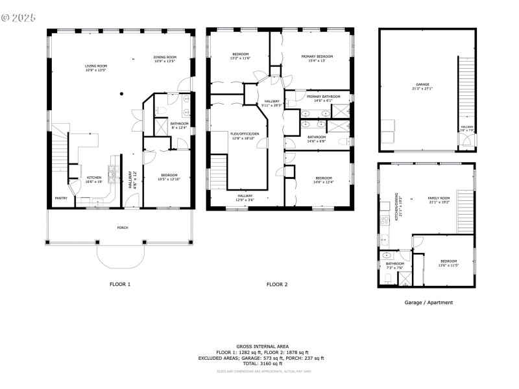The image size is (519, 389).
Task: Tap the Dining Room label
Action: [x=165, y=58]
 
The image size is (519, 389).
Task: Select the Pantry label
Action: [x=60, y=198]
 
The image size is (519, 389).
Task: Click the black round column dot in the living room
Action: [x=121, y=93]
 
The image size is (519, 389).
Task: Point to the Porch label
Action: [x=122, y=228]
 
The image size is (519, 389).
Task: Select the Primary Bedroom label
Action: [x=317, y=57]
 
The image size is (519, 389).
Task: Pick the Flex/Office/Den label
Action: [x=245, y=134]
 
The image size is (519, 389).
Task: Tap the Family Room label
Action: [x=439, y=198]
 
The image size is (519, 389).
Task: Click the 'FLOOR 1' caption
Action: [x=120, y=284]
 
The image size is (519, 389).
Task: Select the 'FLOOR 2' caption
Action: [x=277, y=284]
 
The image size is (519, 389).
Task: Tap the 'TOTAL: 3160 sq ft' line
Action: [x=263, y=364]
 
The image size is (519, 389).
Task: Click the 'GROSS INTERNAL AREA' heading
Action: [x=263, y=346]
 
